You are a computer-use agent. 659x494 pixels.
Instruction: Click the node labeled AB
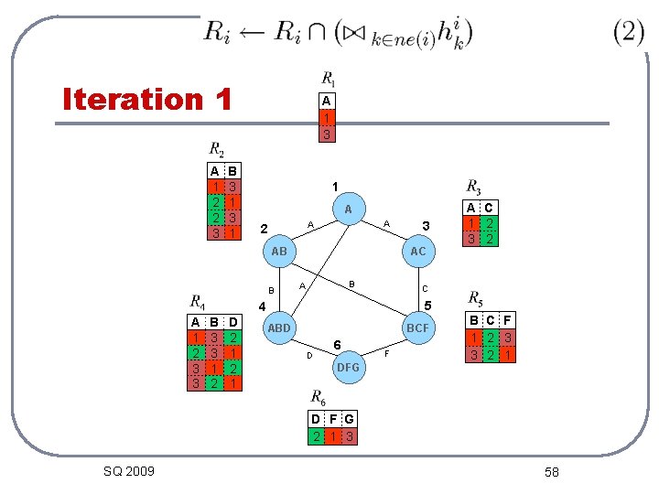(279, 251)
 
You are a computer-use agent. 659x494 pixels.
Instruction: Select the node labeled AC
(418, 251)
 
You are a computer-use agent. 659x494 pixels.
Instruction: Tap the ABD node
(278, 328)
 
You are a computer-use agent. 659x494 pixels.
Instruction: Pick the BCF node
(418, 328)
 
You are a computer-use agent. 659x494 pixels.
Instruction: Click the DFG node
(348, 368)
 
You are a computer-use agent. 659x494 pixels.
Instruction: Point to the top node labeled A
(348, 209)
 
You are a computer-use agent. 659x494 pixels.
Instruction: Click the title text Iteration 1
(146, 99)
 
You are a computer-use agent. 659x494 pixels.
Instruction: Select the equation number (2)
(629, 32)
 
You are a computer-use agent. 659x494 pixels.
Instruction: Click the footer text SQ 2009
(129, 471)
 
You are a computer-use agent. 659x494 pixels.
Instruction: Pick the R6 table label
(318, 397)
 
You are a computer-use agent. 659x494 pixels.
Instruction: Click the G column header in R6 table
(350, 419)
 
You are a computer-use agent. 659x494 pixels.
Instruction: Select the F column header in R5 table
(505, 320)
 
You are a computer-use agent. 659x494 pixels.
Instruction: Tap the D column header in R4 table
(233, 322)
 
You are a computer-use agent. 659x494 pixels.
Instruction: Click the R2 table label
(217, 149)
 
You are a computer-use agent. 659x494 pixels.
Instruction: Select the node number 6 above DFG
(338, 344)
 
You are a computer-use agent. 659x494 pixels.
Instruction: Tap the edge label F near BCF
(386, 352)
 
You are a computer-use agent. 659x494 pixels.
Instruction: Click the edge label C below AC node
(424, 289)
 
